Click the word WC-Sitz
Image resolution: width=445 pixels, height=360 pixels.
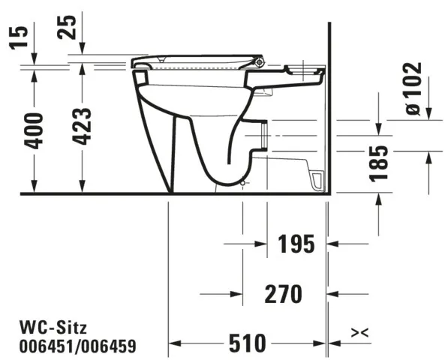pos(53,328)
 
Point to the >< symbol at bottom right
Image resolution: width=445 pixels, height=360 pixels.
pos(359,331)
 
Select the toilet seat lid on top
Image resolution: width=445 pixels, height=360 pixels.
pos(195,59)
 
